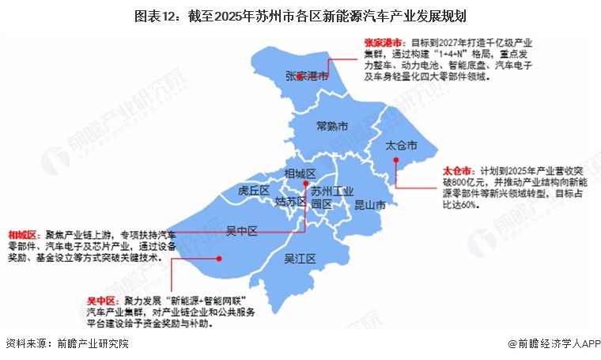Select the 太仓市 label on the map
[x=400, y=146]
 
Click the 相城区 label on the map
[x=300, y=173]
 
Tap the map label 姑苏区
[x=289, y=202]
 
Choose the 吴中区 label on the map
[x=242, y=231]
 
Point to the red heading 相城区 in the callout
[x=24, y=235]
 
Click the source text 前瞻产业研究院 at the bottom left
[x=89, y=345]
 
